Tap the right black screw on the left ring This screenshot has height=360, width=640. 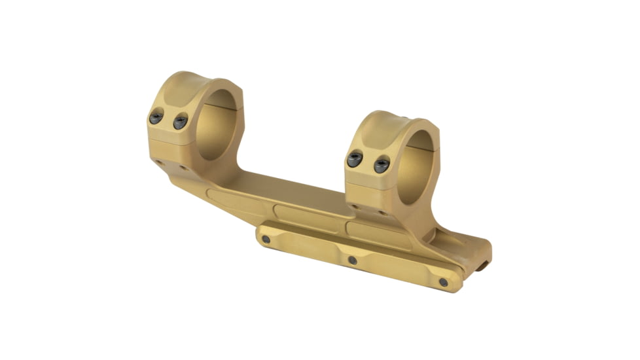pyautogui.click(x=180, y=121)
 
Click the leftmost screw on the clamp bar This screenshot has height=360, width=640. pyautogui.click(x=266, y=240)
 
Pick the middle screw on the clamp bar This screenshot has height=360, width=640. pyautogui.click(x=352, y=260)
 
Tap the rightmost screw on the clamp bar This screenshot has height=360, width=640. pyautogui.click(x=443, y=282)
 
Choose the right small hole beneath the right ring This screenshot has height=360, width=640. pyautogui.click(x=381, y=212)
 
